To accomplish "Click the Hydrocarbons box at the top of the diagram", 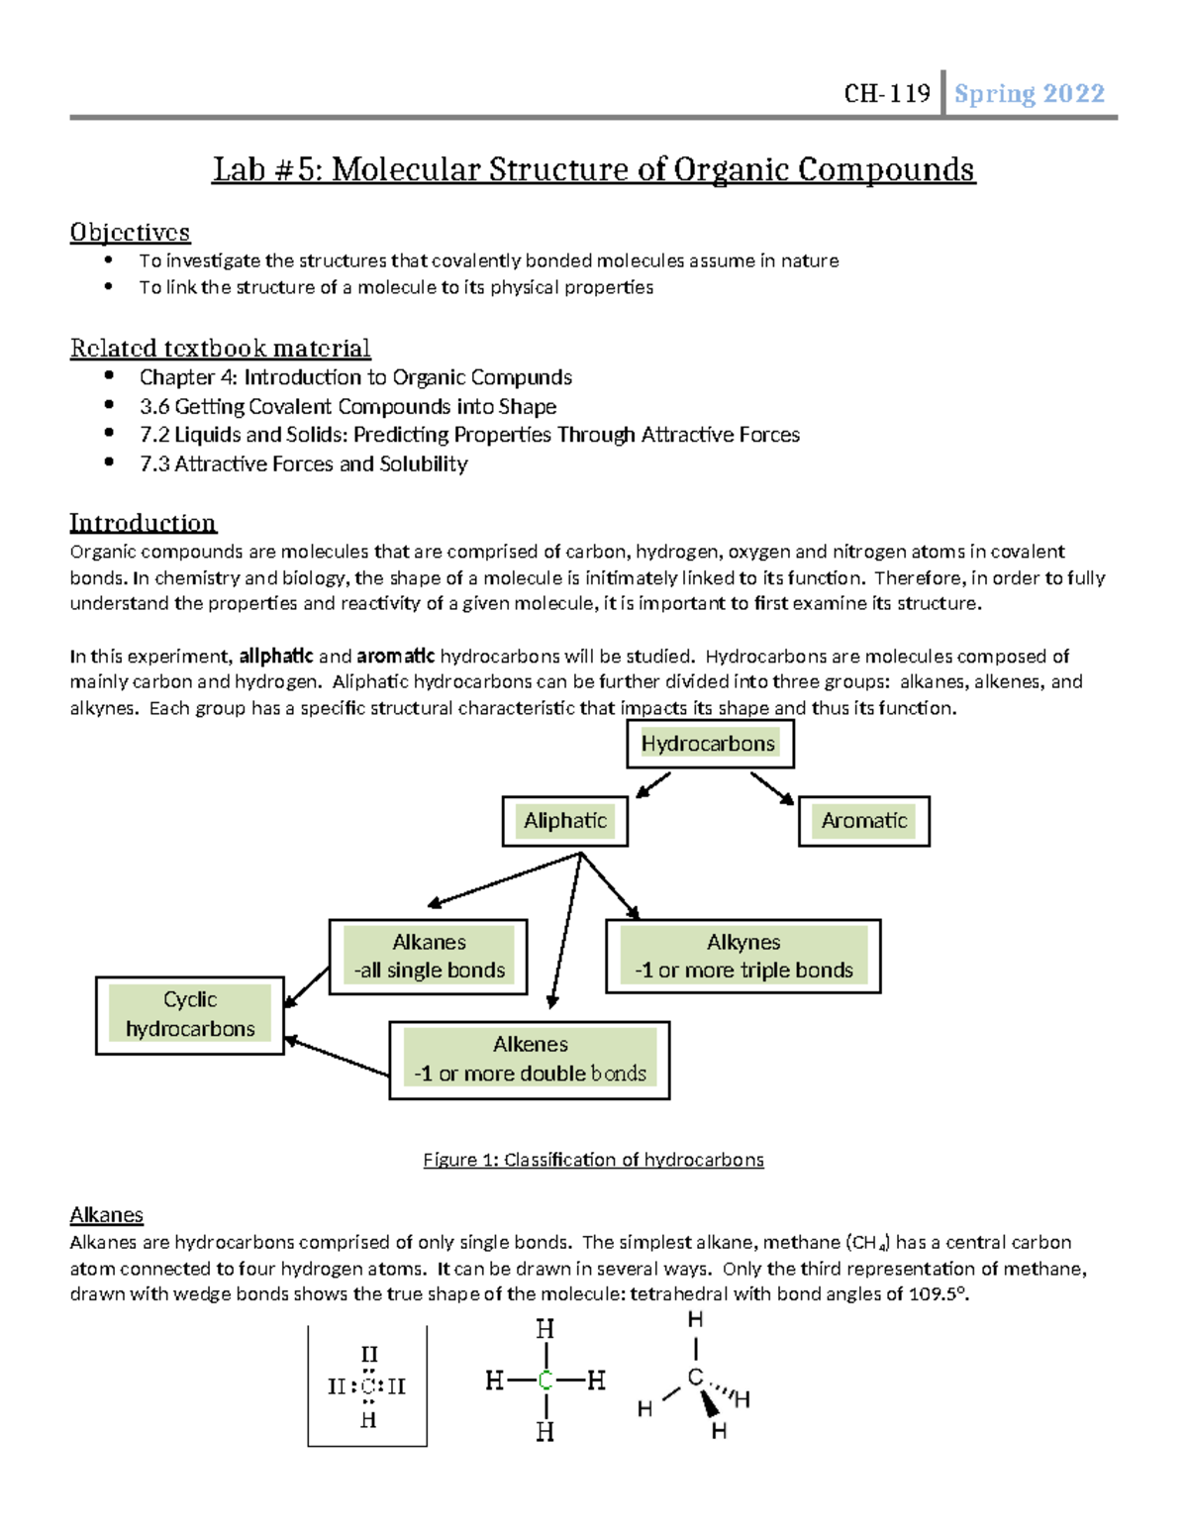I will (x=709, y=744).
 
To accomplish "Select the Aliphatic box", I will (x=564, y=821).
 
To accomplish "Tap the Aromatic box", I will (x=863, y=821).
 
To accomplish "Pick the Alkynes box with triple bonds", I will (x=742, y=957).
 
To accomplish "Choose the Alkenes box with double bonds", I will (x=530, y=1060).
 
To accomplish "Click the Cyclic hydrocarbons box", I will (x=190, y=1015).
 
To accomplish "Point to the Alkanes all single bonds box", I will (x=429, y=957).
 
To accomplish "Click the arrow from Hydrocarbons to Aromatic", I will (x=772, y=788).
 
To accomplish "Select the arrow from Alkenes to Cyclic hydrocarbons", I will (x=337, y=1057).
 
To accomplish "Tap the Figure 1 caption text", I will (x=593, y=1160).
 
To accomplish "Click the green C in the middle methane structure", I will (x=544, y=1381).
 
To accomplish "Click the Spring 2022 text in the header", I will (x=1029, y=94).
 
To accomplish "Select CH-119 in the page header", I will (x=887, y=94).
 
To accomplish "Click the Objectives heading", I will (x=130, y=233).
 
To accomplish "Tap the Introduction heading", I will (x=143, y=523).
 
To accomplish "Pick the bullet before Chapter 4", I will (x=109, y=376).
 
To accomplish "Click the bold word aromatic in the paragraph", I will (x=395, y=656).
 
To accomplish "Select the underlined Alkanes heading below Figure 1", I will (x=106, y=1215).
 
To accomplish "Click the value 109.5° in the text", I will (x=938, y=1294).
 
